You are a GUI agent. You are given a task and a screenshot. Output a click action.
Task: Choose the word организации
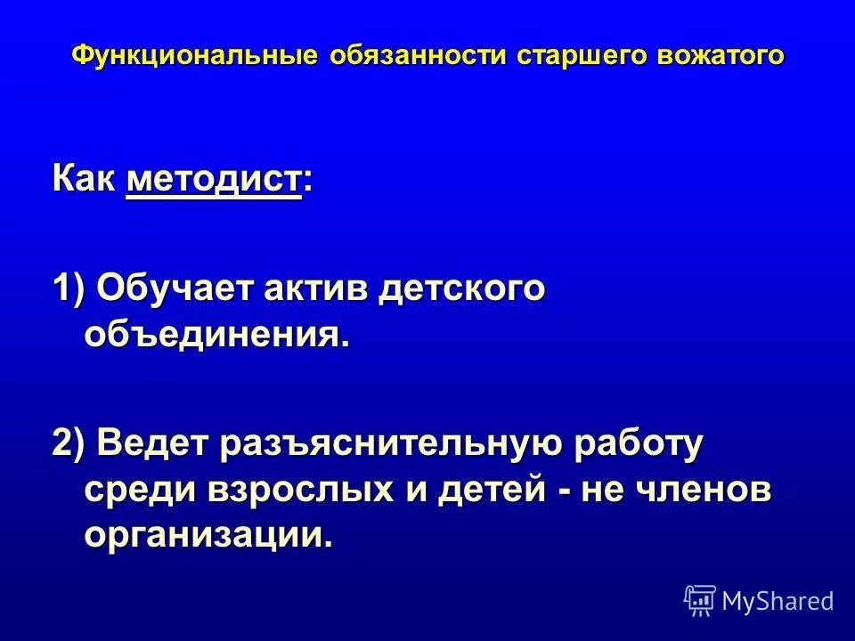coord(201,534)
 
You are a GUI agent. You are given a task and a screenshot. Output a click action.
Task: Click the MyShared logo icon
coord(700,601)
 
